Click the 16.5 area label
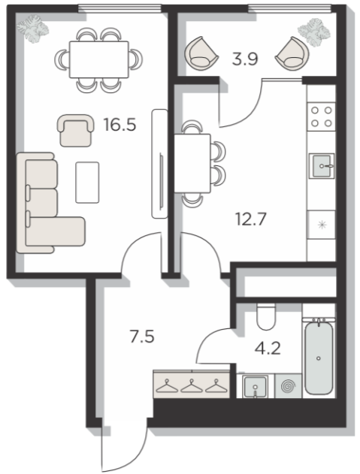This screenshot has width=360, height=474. tap(119, 125)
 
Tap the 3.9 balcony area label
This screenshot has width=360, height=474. tap(245, 59)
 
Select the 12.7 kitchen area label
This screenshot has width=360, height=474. tap(251, 219)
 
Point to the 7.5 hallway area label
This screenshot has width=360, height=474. tap(142, 337)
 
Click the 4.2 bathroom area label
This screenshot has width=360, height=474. tap(268, 349)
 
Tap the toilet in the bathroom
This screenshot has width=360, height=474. tap(266, 316)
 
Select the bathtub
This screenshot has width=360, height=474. tap(319, 357)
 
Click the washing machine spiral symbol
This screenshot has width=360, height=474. tap(288, 386)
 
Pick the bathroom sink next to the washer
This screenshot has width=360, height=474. tap(256, 387)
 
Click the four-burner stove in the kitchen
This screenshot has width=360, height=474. tap(321, 116)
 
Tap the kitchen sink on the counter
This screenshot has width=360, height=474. tap(322, 166)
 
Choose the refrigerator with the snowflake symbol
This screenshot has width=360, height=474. tap(321, 225)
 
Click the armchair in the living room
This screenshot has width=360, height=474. tap(75, 130)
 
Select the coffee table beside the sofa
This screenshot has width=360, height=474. tap(87, 183)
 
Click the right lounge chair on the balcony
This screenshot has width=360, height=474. tap(292, 54)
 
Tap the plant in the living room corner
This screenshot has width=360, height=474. tap(32, 29)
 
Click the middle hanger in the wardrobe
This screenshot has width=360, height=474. tap(192, 386)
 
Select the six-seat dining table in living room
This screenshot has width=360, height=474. tap(99, 59)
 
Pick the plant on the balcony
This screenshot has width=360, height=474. tap(313, 31)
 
